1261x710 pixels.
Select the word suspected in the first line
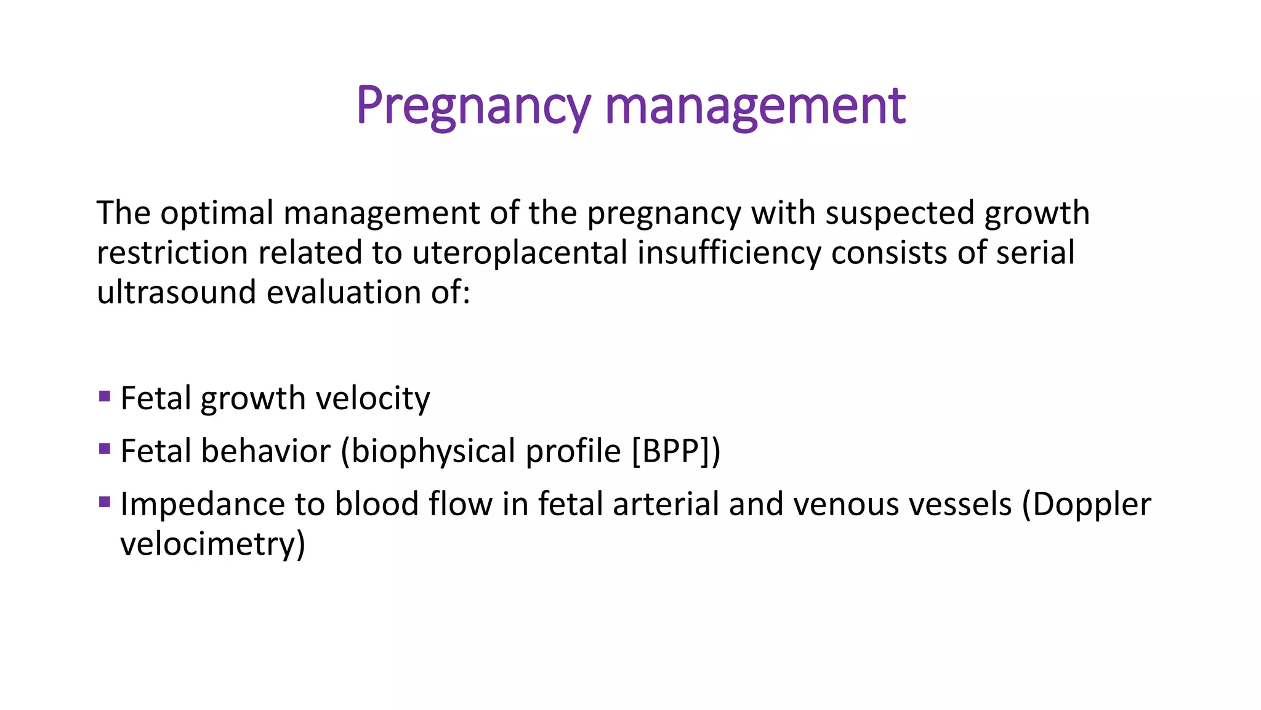click(900, 213)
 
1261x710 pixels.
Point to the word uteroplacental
click(520, 253)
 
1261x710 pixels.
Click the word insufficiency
click(729, 253)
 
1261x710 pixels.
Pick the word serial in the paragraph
click(1035, 253)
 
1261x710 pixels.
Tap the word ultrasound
click(176, 292)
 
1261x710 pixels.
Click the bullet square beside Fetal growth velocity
click(105, 396)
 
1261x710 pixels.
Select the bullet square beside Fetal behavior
click(105, 449)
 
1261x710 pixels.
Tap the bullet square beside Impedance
click(105, 502)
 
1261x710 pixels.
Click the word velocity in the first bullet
click(373, 399)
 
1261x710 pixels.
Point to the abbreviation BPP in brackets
click(672, 451)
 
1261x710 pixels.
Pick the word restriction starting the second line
click(172, 253)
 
